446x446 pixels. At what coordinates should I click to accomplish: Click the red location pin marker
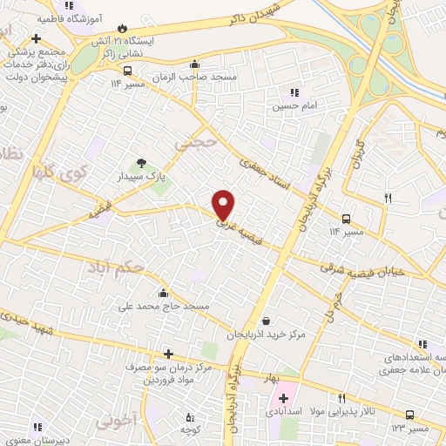click(x=224, y=204)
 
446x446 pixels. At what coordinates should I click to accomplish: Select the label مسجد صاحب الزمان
click(x=194, y=78)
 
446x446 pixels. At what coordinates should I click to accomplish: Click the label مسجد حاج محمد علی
click(x=164, y=307)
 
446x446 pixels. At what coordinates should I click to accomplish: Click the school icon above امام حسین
click(x=294, y=92)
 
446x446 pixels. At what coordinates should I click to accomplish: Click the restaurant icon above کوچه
click(x=190, y=418)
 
